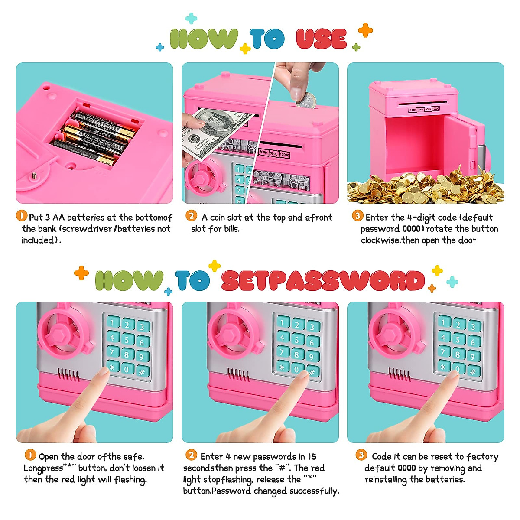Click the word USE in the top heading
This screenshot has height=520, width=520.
(x=322, y=39)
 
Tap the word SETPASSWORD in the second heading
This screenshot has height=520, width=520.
(x=323, y=281)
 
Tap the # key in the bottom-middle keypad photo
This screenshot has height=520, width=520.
(x=312, y=372)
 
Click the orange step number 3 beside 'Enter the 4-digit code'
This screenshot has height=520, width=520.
(x=357, y=216)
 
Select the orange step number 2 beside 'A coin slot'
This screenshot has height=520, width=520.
(x=191, y=216)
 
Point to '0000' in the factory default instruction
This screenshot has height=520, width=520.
(x=406, y=468)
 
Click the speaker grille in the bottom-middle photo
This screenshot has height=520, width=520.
(x=238, y=375)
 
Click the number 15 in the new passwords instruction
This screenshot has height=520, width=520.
(x=312, y=457)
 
